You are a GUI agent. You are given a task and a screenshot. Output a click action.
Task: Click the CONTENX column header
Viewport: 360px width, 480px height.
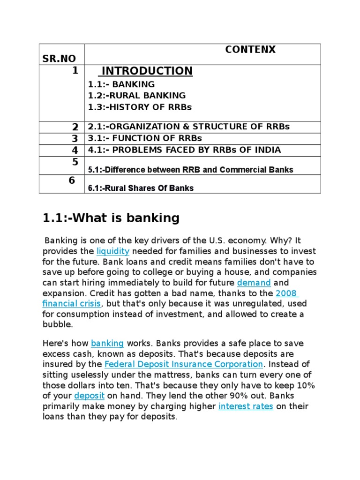coord(250,50)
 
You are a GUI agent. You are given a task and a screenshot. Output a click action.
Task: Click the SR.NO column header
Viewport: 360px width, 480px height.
coord(59,59)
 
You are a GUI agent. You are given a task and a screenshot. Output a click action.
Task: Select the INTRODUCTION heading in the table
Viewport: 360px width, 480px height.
coord(147,71)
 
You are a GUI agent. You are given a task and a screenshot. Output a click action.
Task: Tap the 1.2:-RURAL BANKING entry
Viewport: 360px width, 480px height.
coord(137,96)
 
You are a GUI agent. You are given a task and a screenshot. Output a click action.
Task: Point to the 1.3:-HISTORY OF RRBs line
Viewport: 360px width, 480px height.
coord(140,107)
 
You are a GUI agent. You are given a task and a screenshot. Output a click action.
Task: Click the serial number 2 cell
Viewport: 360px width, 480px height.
coord(75,127)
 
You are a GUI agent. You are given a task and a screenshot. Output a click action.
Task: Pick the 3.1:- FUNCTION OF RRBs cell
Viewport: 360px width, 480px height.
coord(144,138)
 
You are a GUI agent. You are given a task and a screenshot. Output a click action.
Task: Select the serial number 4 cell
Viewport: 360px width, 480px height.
coord(75,150)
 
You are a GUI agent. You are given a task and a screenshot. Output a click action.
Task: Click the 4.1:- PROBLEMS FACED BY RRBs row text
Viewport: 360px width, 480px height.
coord(184,150)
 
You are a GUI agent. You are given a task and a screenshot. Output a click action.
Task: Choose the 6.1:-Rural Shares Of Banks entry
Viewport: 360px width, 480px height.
coord(141,188)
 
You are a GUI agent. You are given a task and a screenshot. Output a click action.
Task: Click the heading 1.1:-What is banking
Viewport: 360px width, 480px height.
coord(111,218)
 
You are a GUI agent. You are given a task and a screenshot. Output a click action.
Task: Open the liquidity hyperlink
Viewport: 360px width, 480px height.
coord(112,251)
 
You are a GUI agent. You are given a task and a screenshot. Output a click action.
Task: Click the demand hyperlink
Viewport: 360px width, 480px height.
coord(254,283)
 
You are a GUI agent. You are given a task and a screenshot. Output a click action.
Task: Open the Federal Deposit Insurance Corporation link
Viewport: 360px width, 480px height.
coord(183,364)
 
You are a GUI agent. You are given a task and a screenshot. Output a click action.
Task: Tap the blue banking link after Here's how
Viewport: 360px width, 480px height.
coord(107,343)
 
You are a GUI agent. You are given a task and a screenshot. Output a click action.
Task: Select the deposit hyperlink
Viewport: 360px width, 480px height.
coord(89,396)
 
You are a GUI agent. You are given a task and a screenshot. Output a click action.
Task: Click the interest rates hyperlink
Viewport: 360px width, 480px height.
coord(246,406)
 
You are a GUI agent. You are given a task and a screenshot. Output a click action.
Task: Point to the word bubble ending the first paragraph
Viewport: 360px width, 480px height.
coord(58,324)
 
